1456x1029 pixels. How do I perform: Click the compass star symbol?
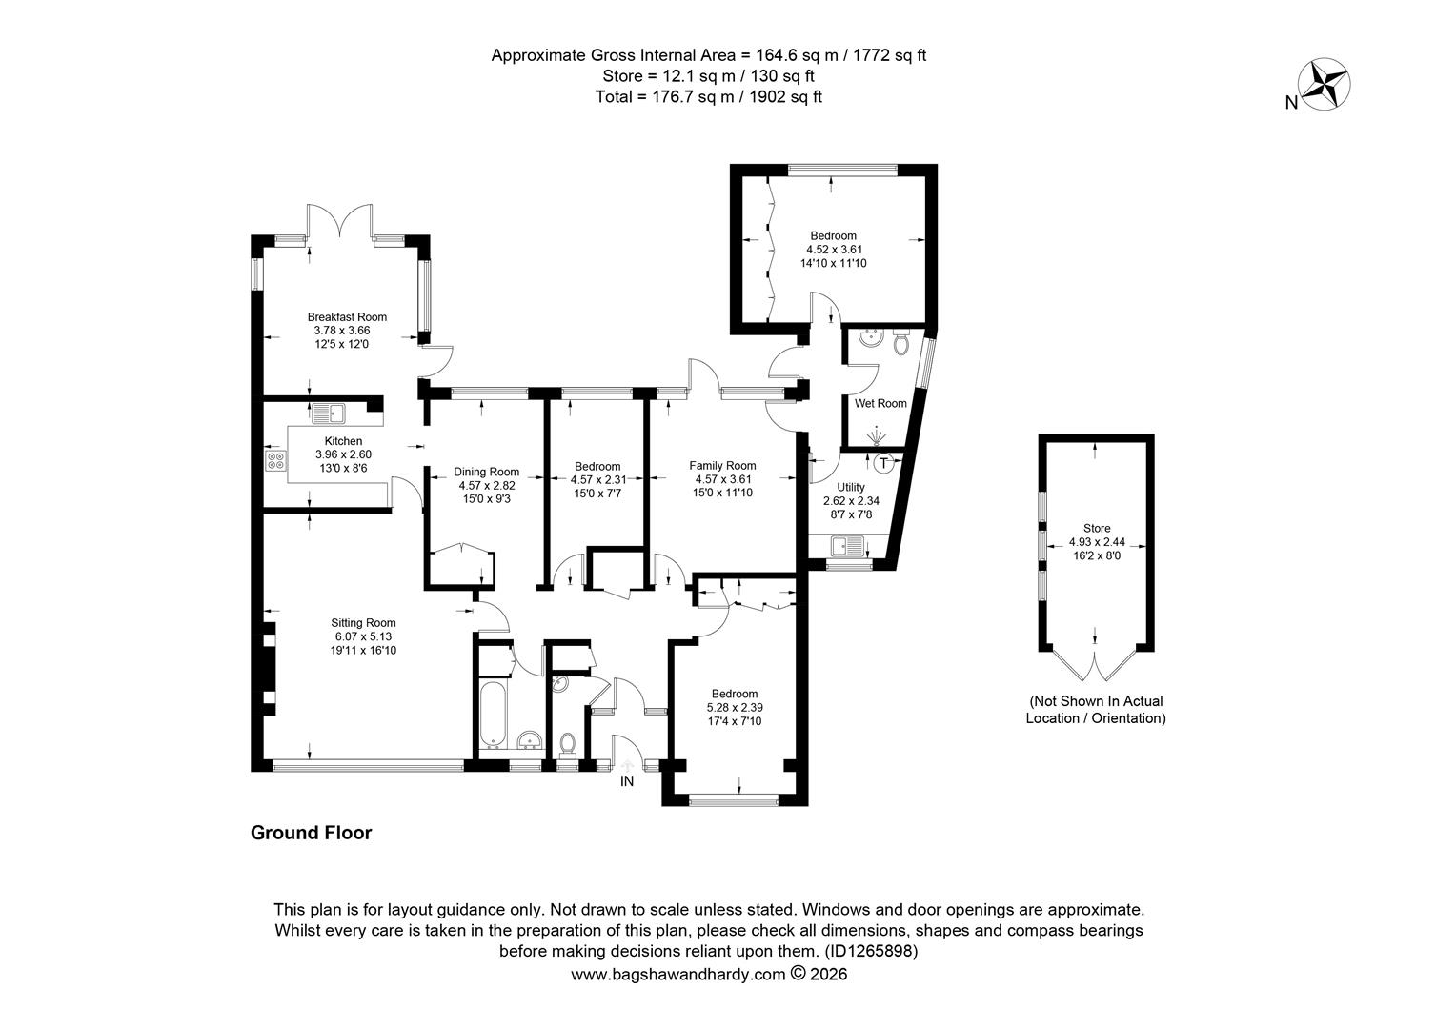(1325, 85)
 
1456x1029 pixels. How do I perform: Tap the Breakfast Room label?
(347, 317)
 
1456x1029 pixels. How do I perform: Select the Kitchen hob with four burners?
(275, 460)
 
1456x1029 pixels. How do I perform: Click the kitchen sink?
(329, 413)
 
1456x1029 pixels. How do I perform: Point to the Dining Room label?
(486, 472)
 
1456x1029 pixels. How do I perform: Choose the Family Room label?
(722, 465)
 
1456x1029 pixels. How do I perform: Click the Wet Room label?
(880, 403)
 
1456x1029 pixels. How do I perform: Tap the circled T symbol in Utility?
(883, 463)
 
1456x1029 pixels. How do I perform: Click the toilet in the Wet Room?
(900, 342)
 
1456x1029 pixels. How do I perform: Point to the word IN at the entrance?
(627, 781)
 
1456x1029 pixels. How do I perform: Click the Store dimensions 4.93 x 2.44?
(1097, 542)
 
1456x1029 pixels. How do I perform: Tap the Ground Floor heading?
(312, 833)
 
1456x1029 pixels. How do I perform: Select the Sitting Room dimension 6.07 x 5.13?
(363, 636)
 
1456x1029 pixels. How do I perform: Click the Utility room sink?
(847, 545)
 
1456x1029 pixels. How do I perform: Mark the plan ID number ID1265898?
(871, 951)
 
